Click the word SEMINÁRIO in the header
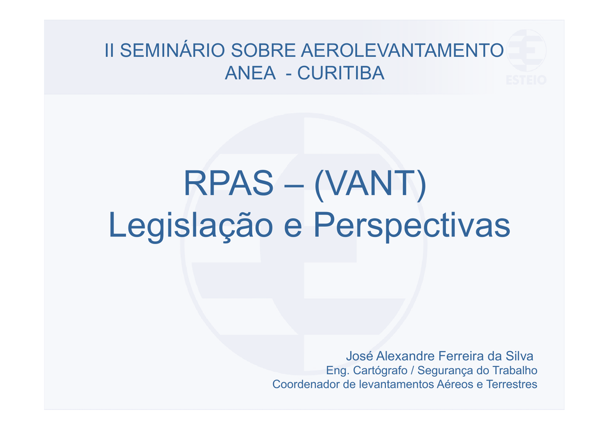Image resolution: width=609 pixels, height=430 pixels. point(172,50)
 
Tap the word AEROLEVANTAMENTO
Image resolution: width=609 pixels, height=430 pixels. point(403,50)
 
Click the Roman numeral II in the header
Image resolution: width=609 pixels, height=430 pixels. point(109,50)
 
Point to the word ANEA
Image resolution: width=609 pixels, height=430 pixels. point(250,73)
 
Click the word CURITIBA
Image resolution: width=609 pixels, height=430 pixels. point(341,73)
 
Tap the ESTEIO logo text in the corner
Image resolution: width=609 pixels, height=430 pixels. point(526,80)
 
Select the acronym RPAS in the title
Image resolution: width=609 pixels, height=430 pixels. point(228,183)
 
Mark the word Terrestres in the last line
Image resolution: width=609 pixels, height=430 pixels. point(512,384)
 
